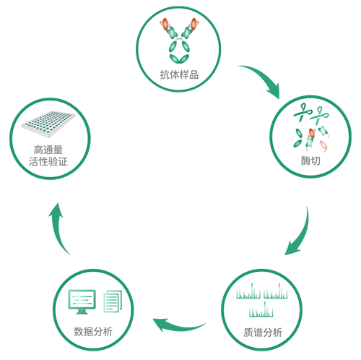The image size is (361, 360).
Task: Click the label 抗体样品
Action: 179,74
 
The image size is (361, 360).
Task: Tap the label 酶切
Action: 310,160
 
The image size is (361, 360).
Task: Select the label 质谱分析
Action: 263,333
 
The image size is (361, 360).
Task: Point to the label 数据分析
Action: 93,332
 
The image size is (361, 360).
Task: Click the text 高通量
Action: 48,150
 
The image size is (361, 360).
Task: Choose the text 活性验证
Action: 48,161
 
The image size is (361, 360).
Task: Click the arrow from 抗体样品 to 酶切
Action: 264,77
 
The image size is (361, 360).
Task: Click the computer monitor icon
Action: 82,301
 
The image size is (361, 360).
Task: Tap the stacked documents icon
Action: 113,301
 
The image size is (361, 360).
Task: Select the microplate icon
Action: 48,124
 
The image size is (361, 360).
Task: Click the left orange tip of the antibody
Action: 165,25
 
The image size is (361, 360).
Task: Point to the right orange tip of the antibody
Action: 193,24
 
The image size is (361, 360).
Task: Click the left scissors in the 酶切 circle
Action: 303,112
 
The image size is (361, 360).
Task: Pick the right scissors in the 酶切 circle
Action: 318,116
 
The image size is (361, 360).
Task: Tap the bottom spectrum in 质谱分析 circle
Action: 261,309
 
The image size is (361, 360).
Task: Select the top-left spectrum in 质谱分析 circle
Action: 248,291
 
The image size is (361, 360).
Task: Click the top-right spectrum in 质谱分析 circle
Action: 276,291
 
